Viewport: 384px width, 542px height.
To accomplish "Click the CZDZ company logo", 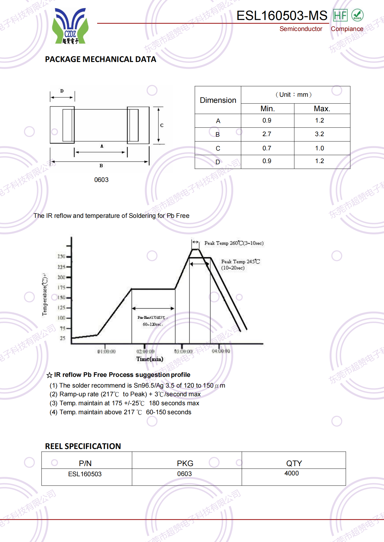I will click(70, 26).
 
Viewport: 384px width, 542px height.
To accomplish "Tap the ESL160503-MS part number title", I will click(282, 16).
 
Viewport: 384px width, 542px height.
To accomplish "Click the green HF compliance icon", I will click(340, 15).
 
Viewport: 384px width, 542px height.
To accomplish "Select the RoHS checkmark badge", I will click(357, 15).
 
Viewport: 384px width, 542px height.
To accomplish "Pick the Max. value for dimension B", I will click(319, 134).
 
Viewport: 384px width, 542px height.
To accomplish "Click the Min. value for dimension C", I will click(267, 148).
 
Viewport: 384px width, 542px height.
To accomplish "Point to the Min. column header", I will click(267, 109).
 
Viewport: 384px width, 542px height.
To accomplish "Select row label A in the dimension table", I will click(218, 121).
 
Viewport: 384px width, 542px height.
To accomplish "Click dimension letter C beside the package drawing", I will click(162, 125).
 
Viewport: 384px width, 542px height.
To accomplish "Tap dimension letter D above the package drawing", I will click(62, 91).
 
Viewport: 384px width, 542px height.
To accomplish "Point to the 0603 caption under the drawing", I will click(101, 180).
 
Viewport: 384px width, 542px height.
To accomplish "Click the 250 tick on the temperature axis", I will click(61, 256).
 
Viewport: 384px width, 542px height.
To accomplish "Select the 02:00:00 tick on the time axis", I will click(145, 351).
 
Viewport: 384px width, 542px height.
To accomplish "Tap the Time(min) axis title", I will click(150, 359).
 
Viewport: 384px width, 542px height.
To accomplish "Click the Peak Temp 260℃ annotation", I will click(234, 243).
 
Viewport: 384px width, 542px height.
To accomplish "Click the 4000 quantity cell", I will click(291, 473).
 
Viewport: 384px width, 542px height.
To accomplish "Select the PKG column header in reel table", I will click(185, 463).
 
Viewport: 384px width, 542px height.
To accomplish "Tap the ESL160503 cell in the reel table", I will click(85, 474).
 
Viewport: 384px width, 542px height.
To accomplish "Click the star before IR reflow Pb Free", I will click(49, 375).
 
